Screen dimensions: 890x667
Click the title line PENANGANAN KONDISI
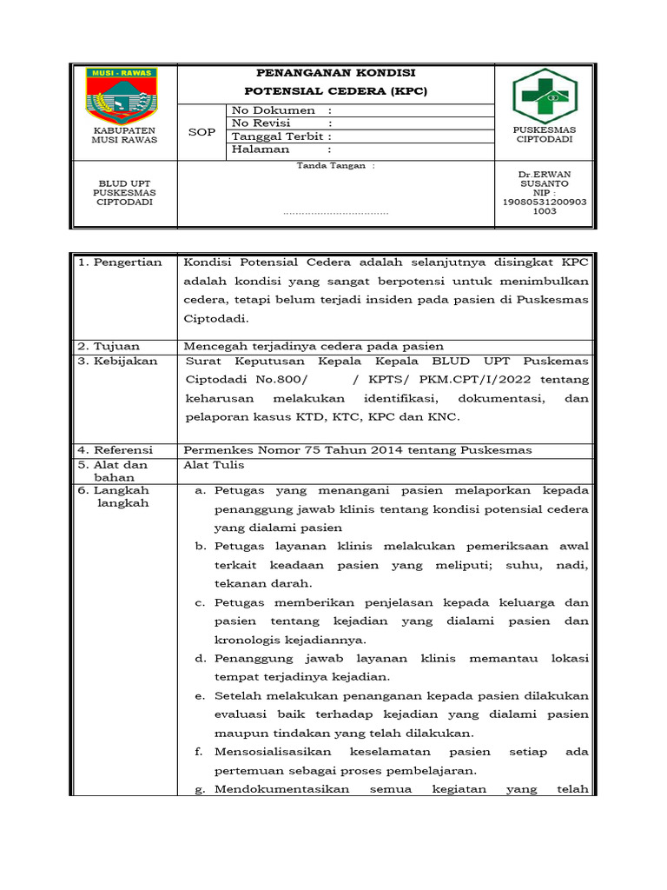[336, 73]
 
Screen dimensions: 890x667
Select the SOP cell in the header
[202, 131]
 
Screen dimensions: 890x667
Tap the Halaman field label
[261, 149]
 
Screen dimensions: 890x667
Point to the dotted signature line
[336, 212]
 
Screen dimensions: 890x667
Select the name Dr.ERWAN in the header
[545, 174]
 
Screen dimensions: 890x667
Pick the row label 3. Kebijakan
[117, 361]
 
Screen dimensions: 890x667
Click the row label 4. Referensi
[116, 449]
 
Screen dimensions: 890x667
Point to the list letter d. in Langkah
[200, 659]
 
